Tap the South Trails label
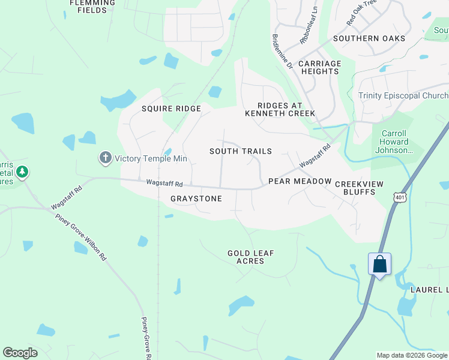(x=240, y=151)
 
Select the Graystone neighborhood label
(x=196, y=199)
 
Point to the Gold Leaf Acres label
(x=250, y=257)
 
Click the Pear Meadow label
(x=300, y=181)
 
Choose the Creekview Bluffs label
(x=355, y=188)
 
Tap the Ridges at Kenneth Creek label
(x=280, y=109)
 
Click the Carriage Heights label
(x=319, y=67)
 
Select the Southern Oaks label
(x=369, y=38)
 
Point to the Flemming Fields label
(x=92, y=6)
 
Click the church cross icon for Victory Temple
(x=105, y=158)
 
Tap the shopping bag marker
(x=379, y=264)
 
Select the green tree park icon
(x=22, y=173)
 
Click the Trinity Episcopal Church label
(x=403, y=96)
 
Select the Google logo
(x=20, y=353)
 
